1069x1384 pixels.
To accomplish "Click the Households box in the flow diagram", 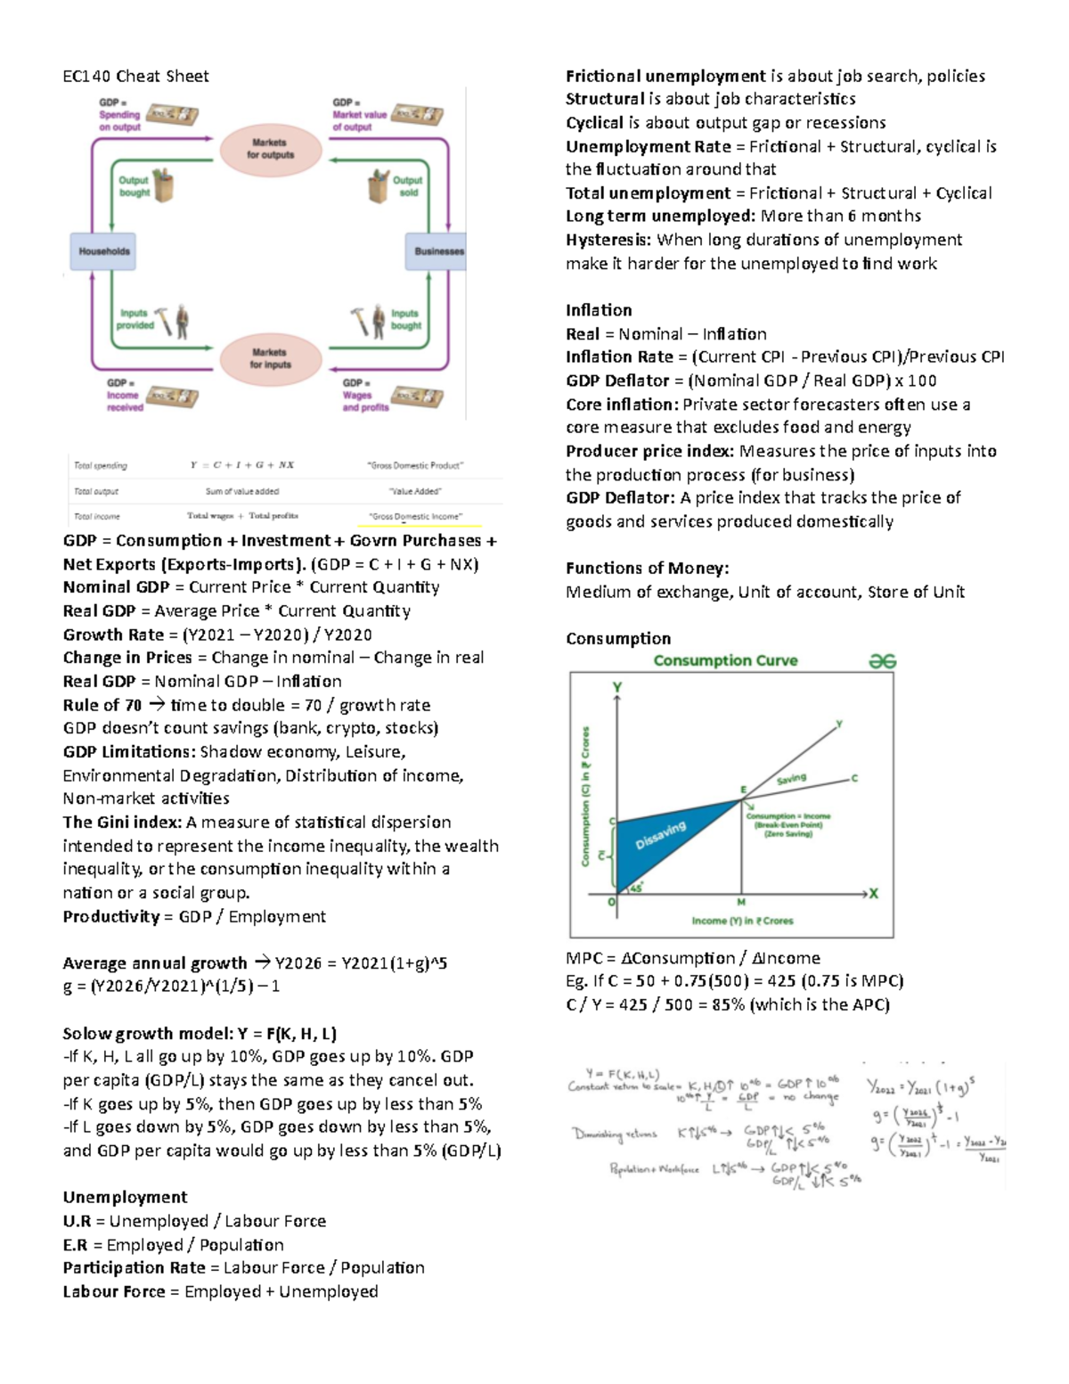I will point(103,251).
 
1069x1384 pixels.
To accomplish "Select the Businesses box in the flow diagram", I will point(437,251).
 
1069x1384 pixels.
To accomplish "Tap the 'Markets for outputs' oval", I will point(271,149).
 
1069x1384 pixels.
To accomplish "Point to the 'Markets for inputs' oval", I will point(270,358).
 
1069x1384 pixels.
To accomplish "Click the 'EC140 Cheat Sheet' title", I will point(135,77).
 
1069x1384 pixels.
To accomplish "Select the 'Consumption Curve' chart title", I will point(725,660).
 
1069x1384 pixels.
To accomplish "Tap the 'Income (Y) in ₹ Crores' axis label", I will point(742,921).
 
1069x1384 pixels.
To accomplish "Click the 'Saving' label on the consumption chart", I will point(791,779).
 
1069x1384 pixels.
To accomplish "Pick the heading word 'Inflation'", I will point(599,310).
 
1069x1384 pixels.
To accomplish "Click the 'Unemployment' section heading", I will point(125,1197).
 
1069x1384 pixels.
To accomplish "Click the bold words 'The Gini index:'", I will point(122,823).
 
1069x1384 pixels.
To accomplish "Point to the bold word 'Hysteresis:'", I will point(608,240).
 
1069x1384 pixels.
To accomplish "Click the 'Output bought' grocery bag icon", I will point(162,185).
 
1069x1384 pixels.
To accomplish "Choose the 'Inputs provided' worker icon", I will point(173,322).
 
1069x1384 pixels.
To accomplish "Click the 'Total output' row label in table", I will point(96,491).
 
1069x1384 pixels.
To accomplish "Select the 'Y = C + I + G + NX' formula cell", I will point(241,465).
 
